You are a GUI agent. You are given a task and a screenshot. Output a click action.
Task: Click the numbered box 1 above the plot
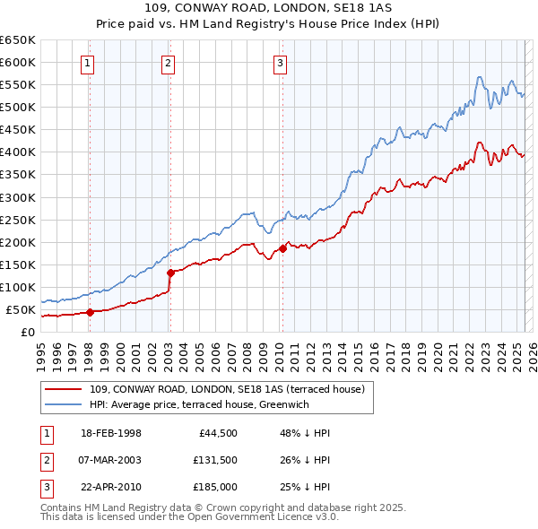point(89,63)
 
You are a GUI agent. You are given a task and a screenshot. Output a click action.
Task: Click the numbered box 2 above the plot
point(169,63)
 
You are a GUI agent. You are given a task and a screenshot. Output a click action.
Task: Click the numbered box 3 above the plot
point(281,63)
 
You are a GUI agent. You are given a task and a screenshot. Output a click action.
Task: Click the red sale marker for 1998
point(90,312)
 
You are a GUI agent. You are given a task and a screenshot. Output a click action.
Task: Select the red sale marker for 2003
point(170,273)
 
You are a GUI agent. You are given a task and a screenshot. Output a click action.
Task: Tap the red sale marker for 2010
point(282,248)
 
